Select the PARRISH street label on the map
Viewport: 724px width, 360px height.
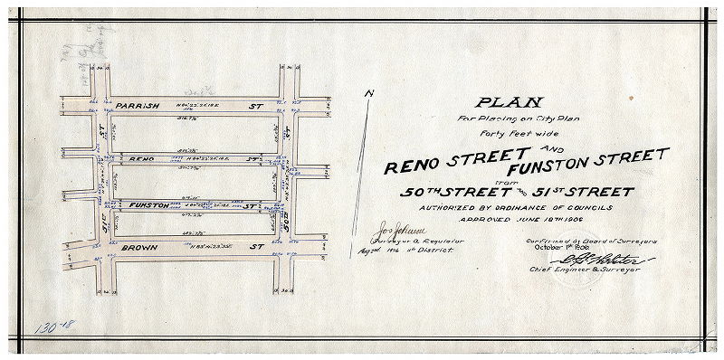click(137, 106)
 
